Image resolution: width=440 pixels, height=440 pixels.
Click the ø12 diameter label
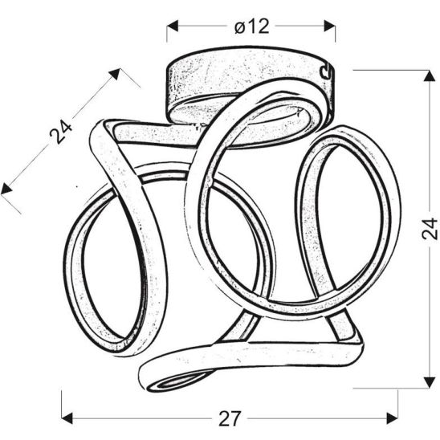pos(251,26)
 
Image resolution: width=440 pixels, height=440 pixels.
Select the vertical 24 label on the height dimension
pos(429,227)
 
